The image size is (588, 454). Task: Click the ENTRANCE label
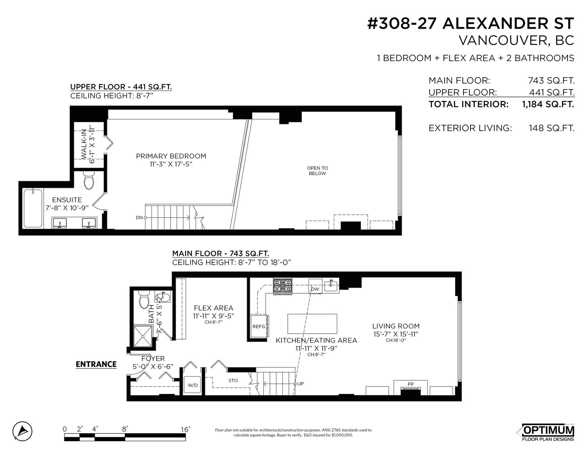click(96, 364)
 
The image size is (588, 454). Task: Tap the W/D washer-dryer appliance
click(193, 385)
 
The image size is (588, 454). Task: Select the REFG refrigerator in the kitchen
click(259, 326)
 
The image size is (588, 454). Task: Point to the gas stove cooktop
click(283, 286)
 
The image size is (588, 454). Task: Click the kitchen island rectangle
click(312, 324)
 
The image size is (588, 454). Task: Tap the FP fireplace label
click(410, 384)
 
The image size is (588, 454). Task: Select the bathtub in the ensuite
click(33, 208)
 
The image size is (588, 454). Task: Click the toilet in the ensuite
click(89, 180)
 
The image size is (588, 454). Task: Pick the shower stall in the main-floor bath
click(143, 335)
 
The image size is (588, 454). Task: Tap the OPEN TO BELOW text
click(318, 171)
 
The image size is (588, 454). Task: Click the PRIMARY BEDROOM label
click(171, 156)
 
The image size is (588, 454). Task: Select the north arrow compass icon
click(22, 432)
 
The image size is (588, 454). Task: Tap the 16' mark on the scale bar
click(186, 429)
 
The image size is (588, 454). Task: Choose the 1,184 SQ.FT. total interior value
click(548, 104)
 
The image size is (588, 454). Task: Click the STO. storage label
click(233, 381)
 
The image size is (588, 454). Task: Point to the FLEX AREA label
click(214, 308)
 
